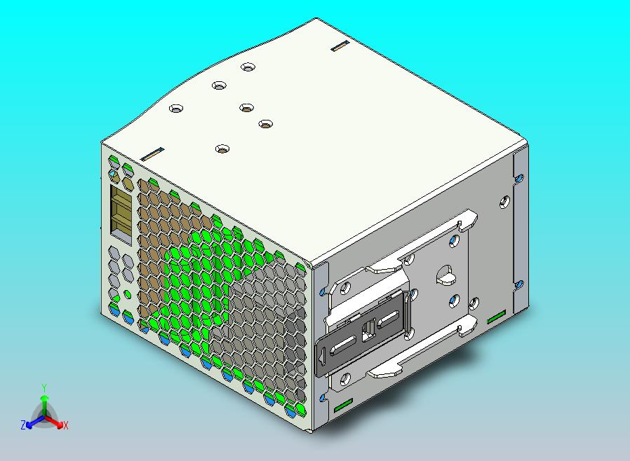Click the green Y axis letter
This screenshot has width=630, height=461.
coord(44,387)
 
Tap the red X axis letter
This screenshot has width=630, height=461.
coord(65,425)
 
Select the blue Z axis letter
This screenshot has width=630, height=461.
coord(23,425)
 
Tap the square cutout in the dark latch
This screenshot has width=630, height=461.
coord(367,329)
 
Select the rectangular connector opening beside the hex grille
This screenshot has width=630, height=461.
coord(121,212)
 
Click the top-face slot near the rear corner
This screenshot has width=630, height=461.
coord(340,46)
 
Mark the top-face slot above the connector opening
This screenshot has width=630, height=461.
coord(152,153)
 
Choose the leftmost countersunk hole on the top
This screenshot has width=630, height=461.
coord(175,109)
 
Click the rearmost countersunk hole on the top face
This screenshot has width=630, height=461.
coord(247,67)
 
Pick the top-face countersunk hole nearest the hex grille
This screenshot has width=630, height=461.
coord(223,149)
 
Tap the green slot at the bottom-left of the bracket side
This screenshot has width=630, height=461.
coord(343,406)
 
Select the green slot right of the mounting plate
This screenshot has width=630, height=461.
coord(495,317)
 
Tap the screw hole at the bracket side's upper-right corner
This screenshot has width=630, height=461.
coord(504,202)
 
